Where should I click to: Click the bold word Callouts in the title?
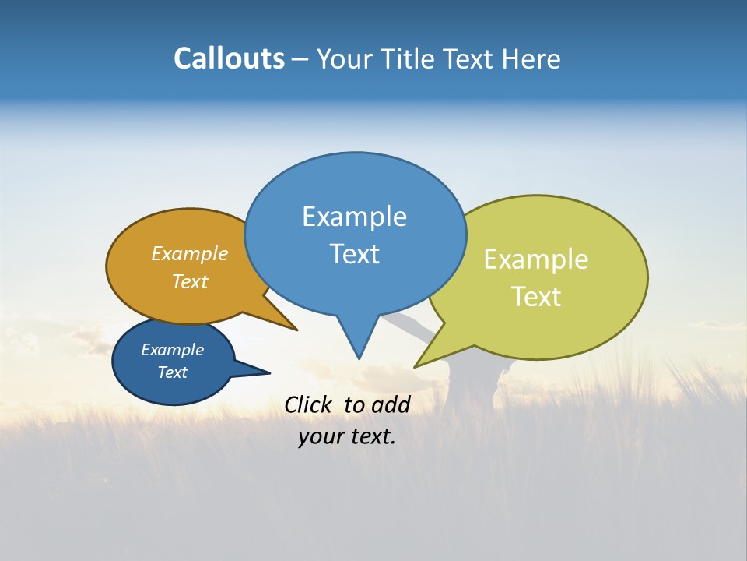pyautogui.click(x=229, y=58)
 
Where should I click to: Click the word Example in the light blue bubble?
pyautogui.click(x=354, y=217)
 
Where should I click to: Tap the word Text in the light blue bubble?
pyautogui.click(x=354, y=254)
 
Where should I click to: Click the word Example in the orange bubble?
pyautogui.click(x=190, y=253)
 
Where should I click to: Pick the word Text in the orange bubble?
pyautogui.click(x=190, y=281)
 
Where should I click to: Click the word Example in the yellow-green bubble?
pyautogui.click(x=536, y=259)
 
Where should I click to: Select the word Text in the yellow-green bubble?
pyautogui.click(x=536, y=297)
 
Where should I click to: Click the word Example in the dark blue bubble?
pyautogui.click(x=172, y=350)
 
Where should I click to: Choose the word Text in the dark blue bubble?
pyautogui.click(x=172, y=372)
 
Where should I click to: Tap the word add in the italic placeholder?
pyautogui.click(x=391, y=404)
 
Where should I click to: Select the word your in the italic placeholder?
pyautogui.click(x=321, y=436)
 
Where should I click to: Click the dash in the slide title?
pyautogui.click(x=300, y=59)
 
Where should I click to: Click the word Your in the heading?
pyautogui.click(x=342, y=58)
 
